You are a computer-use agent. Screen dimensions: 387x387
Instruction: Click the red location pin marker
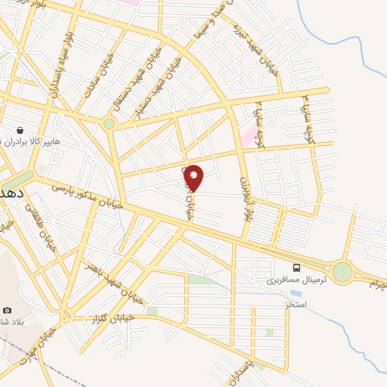click(x=193, y=178)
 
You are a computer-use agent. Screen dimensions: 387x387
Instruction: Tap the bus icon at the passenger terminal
click(x=296, y=267)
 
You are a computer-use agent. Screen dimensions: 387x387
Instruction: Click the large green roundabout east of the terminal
click(x=342, y=271)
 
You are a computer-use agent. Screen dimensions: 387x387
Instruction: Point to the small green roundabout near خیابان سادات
click(x=109, y=123)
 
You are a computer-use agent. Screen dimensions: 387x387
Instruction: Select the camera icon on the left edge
click(x=8, y=310)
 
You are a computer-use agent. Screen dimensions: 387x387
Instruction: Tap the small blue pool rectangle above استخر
click(x=295, y=293)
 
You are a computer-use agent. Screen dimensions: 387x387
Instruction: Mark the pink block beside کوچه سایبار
click(x=249, y=136)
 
